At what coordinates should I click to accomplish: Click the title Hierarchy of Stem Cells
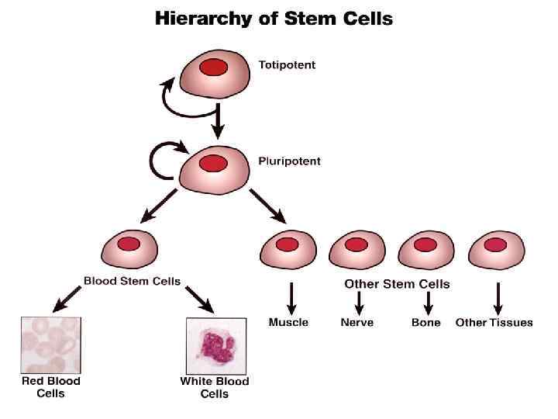point(274,18)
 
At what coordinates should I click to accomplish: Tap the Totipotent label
point(287,65)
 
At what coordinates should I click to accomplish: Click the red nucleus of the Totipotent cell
point(213,68)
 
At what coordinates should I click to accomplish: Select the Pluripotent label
point(289,161)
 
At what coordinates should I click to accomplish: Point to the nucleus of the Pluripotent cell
point(213,164)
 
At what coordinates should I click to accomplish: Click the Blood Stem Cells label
point(132,281)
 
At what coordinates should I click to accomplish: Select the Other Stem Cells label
point(397,284)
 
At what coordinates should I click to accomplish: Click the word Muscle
point(288,322)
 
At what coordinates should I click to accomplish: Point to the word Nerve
point(357,322)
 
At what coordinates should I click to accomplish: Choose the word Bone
point(425,322)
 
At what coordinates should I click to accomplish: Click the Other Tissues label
point(494,322)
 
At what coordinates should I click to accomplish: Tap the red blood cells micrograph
point(50,345)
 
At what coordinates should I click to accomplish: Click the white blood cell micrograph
point(216,345)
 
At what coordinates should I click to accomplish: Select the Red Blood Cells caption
point(50,387)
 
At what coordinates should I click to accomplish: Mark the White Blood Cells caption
point(215,387)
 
